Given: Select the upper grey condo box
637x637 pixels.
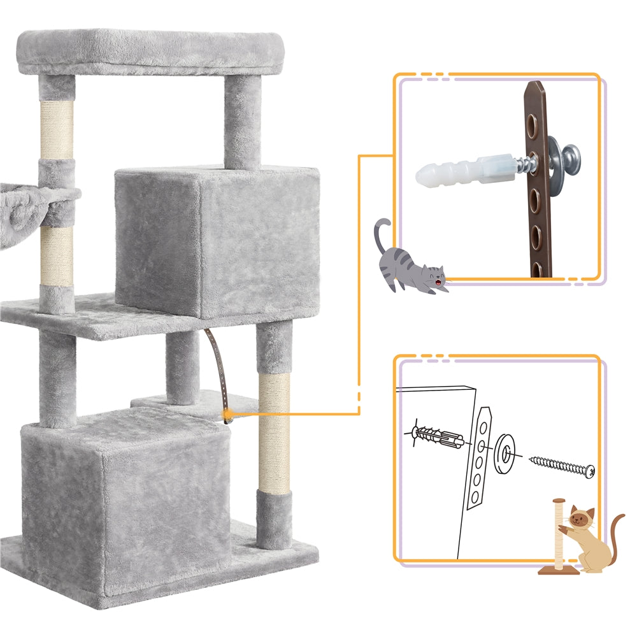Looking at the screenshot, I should (217, 242).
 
